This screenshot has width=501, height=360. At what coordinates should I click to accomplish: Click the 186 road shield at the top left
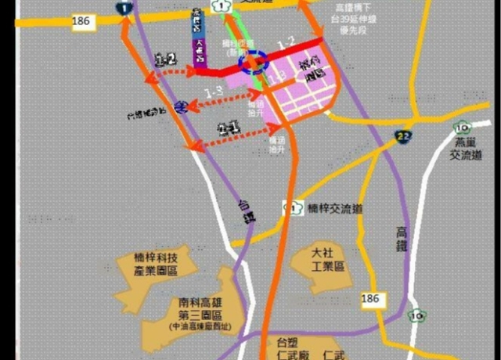[x=81, y=21]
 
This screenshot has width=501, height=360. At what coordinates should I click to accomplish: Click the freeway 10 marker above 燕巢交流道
[x=462, y=125]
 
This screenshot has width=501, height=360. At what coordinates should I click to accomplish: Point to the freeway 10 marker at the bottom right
[x=422, y=316]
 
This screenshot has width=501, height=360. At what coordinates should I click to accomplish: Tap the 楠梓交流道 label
[x=335, y=209]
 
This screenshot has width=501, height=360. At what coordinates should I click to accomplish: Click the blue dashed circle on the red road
[x=253, y=62]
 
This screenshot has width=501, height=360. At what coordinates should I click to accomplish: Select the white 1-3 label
[x=214, y=92]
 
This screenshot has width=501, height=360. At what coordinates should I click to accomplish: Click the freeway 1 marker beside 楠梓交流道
[x=290, y=207]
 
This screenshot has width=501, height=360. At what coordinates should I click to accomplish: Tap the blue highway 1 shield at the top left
[x=124, y=8]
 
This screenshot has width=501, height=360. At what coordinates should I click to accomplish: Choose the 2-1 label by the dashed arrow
[x=229, y=129]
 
